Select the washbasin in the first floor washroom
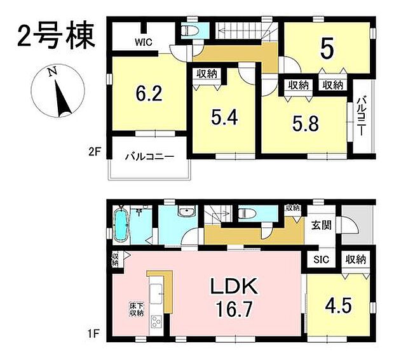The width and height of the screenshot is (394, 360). click(186, 212)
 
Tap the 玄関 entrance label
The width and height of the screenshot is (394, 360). click(322, 225)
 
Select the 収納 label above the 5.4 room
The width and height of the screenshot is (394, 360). click(205, 74)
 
